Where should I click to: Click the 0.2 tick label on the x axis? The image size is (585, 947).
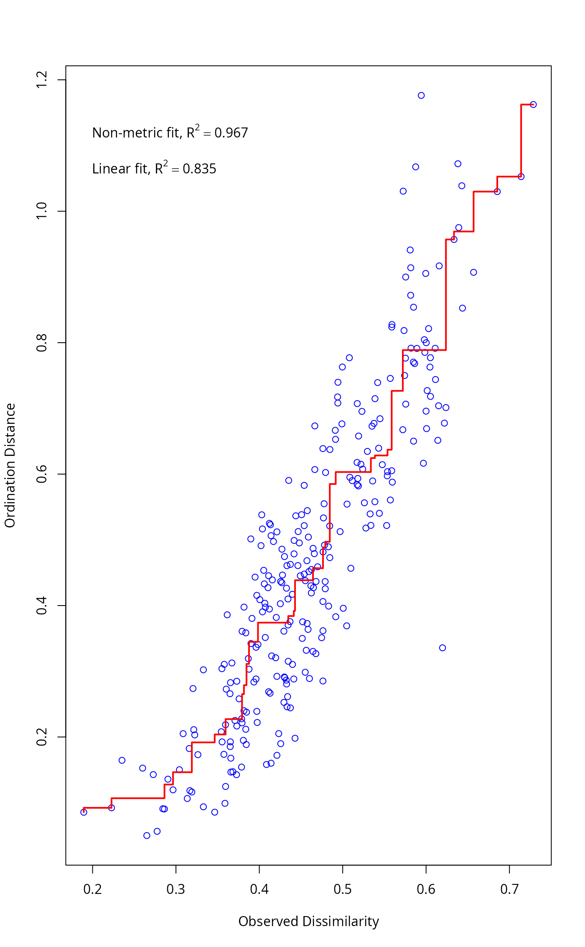[x=92, y=889]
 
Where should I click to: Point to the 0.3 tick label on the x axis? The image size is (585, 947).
[x=175, y=889]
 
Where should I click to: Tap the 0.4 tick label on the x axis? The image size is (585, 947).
[x=259, y=889]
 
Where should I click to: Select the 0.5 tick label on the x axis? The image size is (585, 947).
[x=343, y=889]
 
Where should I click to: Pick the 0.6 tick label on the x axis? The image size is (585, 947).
[x=426, y=889]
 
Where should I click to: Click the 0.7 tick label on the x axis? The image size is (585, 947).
[x=509, y=889]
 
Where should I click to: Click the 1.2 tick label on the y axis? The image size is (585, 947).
[x=42, y=79]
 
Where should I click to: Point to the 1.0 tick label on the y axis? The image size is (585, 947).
[x=42, y=211]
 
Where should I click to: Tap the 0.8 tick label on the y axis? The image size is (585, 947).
[x=42, y=343]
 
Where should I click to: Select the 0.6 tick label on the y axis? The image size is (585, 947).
[x=42, y=474]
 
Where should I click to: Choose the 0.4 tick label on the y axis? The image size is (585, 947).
[x=42, y=606]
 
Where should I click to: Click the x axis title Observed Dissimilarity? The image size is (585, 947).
[x=308, y=921]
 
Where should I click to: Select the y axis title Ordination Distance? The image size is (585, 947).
[x=10, y=465]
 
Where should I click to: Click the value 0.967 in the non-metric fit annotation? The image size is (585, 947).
[x=231, y=133]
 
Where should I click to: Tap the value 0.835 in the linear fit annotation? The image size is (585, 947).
[x=199, y=169]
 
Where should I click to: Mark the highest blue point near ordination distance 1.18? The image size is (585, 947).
[x=421, y=95]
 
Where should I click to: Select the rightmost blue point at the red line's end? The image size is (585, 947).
[x=533, y=104]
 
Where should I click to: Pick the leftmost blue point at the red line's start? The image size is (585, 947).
[x=84, y=812]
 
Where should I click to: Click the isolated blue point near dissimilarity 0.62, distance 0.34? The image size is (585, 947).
[x=443, y=648]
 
